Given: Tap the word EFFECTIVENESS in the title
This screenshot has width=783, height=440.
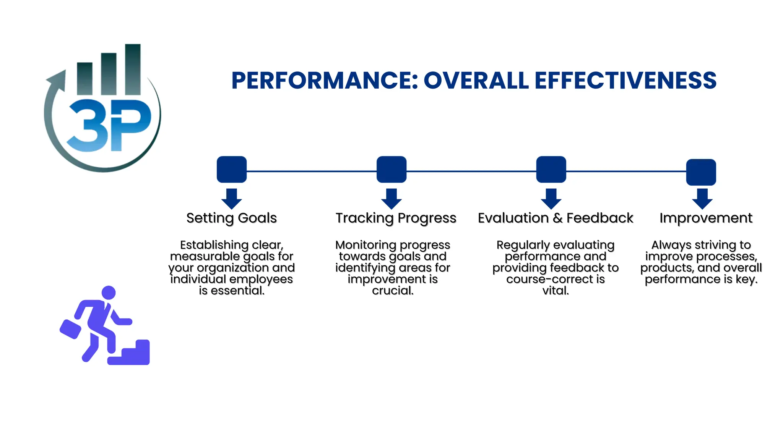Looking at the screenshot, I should click(625, 81).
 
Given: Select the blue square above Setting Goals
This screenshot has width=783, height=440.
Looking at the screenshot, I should click(232, 170).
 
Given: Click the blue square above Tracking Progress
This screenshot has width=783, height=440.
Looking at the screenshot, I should click(391, 170).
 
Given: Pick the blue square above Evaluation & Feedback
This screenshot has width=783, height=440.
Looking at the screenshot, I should click(551, 170).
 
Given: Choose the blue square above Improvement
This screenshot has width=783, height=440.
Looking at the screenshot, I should click(701, 172).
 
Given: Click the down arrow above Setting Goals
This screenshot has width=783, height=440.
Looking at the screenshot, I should click(232, 199).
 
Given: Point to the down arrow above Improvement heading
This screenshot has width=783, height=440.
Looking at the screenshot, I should click(702, 199).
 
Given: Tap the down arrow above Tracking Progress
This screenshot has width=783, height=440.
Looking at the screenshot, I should click(391, 199).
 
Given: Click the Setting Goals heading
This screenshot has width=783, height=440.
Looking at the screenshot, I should click(232, 218).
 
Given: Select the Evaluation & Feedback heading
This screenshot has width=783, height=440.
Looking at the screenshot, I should click(556, 218).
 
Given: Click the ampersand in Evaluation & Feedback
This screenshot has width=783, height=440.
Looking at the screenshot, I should click(558, 218).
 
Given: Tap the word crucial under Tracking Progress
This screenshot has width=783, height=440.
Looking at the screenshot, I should click(393, 291).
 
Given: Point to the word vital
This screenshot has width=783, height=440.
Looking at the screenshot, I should click(556, 291).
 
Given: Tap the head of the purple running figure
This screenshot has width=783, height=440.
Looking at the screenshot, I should click(109, 293).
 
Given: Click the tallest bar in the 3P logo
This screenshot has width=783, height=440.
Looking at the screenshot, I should click(133, 69).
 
